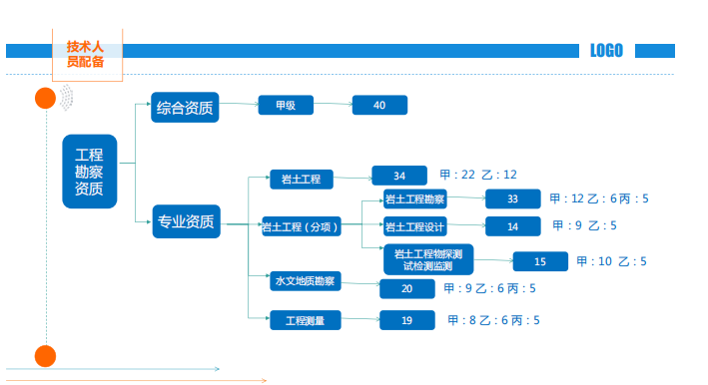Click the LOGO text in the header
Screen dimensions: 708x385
click(606, 51)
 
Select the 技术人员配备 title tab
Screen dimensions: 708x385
click(87, 54)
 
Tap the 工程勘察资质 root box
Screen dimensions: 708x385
click(90, 172)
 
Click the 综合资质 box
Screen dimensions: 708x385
click(185, 108)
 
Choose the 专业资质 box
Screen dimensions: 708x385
click(186, 221)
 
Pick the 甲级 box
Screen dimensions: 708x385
click(286, 105)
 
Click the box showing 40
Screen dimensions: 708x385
click(379, 105)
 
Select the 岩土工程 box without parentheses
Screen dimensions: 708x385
click(302, 179)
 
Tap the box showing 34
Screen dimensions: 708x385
click(399, 176)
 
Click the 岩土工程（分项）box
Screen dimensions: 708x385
click(302, 226)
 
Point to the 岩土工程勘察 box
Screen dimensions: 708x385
click(415, 198)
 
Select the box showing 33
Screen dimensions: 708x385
click(513, 198)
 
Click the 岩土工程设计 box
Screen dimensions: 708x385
click(415, 226)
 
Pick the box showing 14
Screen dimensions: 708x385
click(513, 226)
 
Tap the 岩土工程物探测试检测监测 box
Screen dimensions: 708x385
click(428, 259)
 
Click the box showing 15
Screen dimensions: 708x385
click(540, 261)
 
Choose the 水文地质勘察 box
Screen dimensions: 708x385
click(306, 281)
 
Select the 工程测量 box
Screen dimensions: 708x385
click(306, 320)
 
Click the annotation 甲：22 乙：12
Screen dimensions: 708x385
click(478, 175)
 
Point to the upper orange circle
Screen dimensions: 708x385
click(45, 99)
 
